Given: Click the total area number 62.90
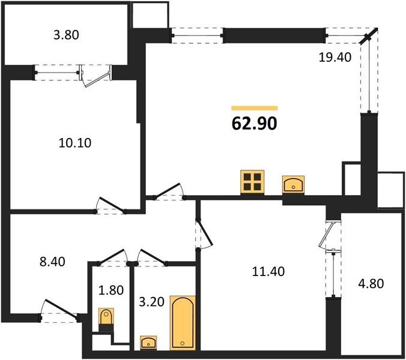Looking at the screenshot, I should (254, 123).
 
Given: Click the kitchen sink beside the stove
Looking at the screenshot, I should (293, 184).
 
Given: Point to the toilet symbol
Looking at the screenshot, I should (106, 317).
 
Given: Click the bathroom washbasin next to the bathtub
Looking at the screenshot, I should (148, 343).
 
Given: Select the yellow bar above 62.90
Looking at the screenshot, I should (254, 108).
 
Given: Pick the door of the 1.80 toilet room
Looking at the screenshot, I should (112, 257).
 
